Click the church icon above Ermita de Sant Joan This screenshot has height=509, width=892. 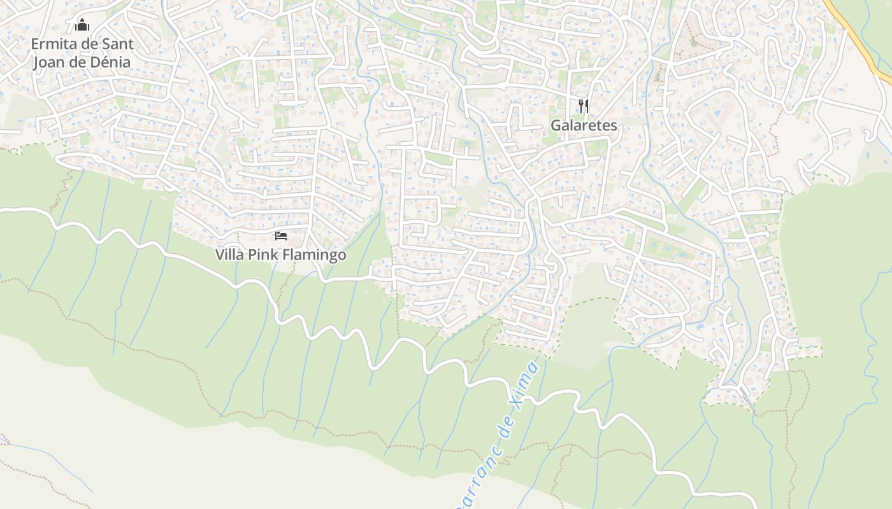(x=82, y=25)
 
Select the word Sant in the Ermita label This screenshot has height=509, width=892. (x=119, y=44)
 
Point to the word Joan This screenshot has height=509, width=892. (x=48, y=62)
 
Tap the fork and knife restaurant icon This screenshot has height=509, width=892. (x=584, y=106)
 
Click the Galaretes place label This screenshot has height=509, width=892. (x=584, y=125)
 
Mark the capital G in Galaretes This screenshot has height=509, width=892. (x=556, y=125)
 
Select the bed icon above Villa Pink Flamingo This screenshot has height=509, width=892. (x=280, y=236)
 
